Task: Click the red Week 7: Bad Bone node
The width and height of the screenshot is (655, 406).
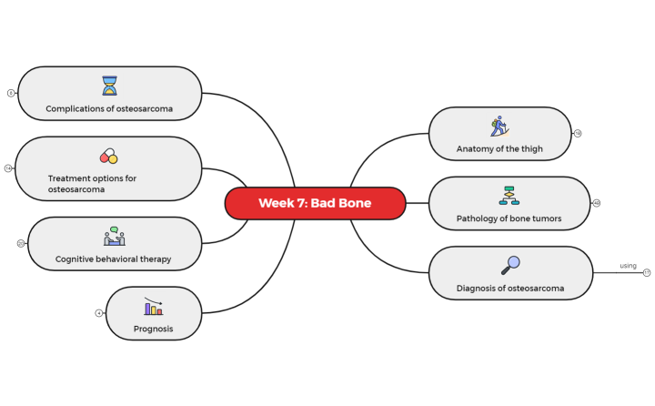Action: pyautogui.click(x=315, y=203)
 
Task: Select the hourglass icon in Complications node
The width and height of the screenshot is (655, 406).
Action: pyautogui.click(x=110, y=86)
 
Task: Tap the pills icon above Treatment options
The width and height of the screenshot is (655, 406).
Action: pyautogui.click(x=109, y=157)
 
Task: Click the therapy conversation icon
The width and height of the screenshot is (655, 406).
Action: pyautogui.click(x=115, y=236)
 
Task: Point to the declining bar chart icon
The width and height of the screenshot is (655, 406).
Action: pyautogui.click(x=153, y=306)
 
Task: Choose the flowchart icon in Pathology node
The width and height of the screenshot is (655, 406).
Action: pyautogui.click(x=509, y=195)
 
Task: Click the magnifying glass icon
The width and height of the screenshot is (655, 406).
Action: pyautogui.click(x=510, y=265)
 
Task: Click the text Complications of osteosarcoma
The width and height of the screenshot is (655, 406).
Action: pyautogui.click(x=109, y=109)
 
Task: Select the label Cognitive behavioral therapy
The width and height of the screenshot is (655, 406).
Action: pyautogui.click(x=113, y=259)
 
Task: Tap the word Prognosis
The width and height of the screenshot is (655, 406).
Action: pyautogui.click(x=153, y=329)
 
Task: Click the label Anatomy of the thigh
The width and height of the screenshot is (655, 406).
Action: pyautogui.click(x=499, y=148)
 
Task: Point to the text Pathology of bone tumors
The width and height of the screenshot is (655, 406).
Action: pyautogui.click(x=509, y=218)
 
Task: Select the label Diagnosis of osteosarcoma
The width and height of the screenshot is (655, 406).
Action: pyautogui.click(x=510, y=289)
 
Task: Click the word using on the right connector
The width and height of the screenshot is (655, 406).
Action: pyautogui.click(x=628, y=266)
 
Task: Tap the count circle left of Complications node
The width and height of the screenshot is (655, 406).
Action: pyautogui.click(x=11, y=93)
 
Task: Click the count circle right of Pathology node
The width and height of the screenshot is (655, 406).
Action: pyautogui.click(x=597, y=203)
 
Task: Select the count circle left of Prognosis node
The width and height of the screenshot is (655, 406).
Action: pyautogui.click(x=99, y=313)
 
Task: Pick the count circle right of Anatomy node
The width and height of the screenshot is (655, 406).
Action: pyautogui.click(x=578, y=133)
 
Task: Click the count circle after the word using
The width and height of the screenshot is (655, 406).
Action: pyautogui.click(x=647, y=272)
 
